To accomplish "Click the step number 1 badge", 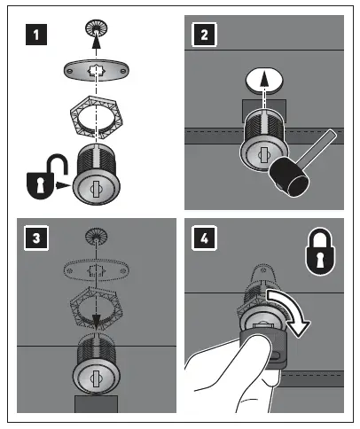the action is [x=36, y=35].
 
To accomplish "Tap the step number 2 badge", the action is [x=204, y=35].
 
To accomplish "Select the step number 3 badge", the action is [x=36, y=238].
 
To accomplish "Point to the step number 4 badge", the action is [x=204, y=238].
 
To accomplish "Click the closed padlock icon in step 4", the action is [x=320, y=251].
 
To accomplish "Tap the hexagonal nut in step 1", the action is [x=96, y=117].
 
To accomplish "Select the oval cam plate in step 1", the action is [x=97, y=71].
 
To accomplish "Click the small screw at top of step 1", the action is [x=96, y=28].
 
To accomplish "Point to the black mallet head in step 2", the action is [x=289, y=177].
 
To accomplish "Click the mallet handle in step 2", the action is [x=317, y=146].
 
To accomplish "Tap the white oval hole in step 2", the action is [x=264, y=81].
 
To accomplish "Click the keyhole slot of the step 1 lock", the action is [x=96, y=189].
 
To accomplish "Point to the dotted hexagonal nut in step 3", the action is [x=97, y=308].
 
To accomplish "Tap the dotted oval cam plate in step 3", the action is [x=97, y=270].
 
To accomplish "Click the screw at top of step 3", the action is [x=96, y=237].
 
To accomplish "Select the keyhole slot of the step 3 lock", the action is [x=96, y=378].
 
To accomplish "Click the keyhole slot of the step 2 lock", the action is [x=262, y=154].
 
